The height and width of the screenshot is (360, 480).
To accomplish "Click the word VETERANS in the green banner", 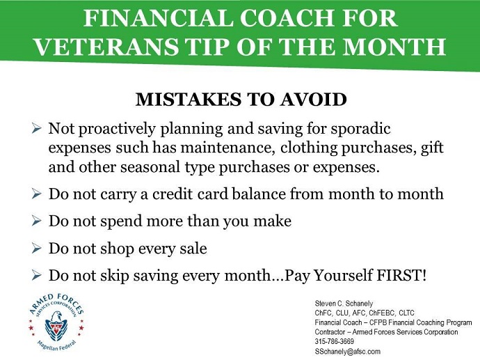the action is (106, 46).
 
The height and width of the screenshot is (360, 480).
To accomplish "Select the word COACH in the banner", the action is (288, 18).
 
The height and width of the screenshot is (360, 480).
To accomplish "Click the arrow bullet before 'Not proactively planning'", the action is (36, 128).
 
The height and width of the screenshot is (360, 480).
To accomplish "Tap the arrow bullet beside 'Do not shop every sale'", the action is (36, 248).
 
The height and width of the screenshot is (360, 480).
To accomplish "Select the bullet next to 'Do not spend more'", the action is (36, 221).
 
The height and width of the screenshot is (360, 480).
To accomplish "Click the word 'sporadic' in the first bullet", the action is (360, 129).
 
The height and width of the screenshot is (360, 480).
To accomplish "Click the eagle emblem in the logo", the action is (56, 326).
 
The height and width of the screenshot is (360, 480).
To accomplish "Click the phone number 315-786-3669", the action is (335, 341).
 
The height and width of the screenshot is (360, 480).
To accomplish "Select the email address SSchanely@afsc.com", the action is (347, 351).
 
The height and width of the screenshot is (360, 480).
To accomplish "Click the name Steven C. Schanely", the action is (344, 304).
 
